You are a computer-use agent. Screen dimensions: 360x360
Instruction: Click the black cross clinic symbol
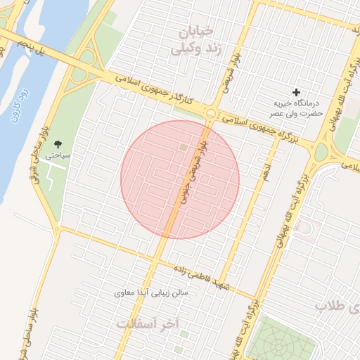click(297, 92)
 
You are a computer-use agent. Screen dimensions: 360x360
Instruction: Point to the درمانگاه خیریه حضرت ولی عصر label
click(297, 108)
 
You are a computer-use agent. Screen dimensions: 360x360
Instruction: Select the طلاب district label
click(337, 307)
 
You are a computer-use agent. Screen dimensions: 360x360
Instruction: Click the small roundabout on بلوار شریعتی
click(211, 114)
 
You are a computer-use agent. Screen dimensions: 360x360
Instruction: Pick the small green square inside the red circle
click(184, 148)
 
